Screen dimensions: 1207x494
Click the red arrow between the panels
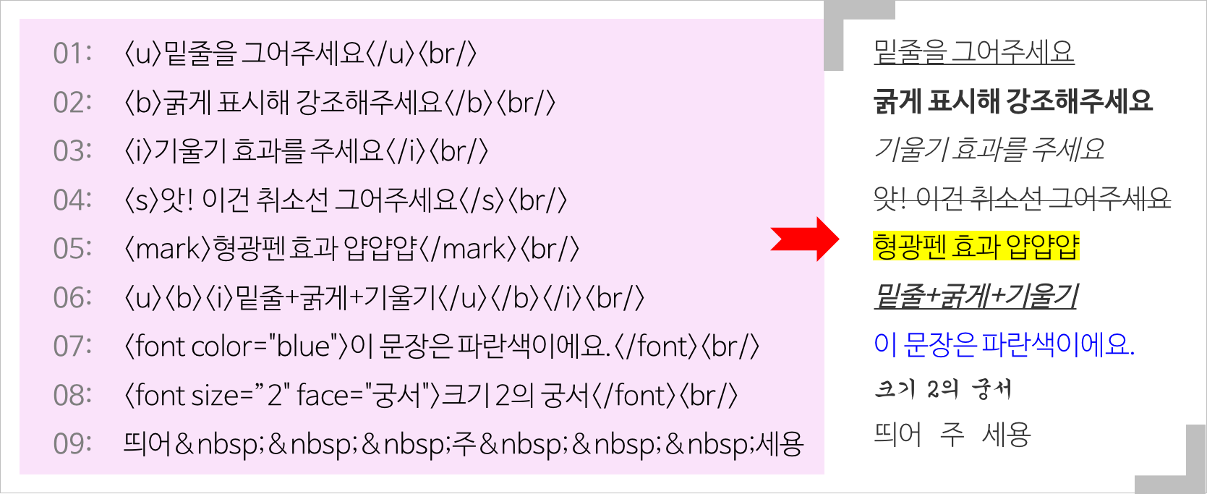point(804,238)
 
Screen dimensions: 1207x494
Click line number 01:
point(72,54)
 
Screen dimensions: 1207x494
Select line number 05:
point(72,249)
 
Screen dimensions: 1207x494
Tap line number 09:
point(72,443)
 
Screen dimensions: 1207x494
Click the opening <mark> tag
point(168,249)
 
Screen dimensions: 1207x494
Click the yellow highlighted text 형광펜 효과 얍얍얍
point(976,246)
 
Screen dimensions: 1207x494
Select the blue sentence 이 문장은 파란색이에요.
point(1004,344)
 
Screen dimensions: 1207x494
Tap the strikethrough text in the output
point(1021,197)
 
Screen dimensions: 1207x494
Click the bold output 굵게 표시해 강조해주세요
point(1012,101)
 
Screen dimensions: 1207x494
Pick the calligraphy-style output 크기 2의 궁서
point(942,389)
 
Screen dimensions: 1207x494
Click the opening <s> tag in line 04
point(140,200)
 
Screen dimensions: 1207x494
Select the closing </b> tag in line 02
point(469,103)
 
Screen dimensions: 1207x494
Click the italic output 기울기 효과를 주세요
point(989,149)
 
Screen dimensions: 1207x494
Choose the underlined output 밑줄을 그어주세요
point(973,52)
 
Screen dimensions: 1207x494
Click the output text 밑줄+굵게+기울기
point(976,296)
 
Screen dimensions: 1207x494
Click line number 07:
point(72,346)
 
